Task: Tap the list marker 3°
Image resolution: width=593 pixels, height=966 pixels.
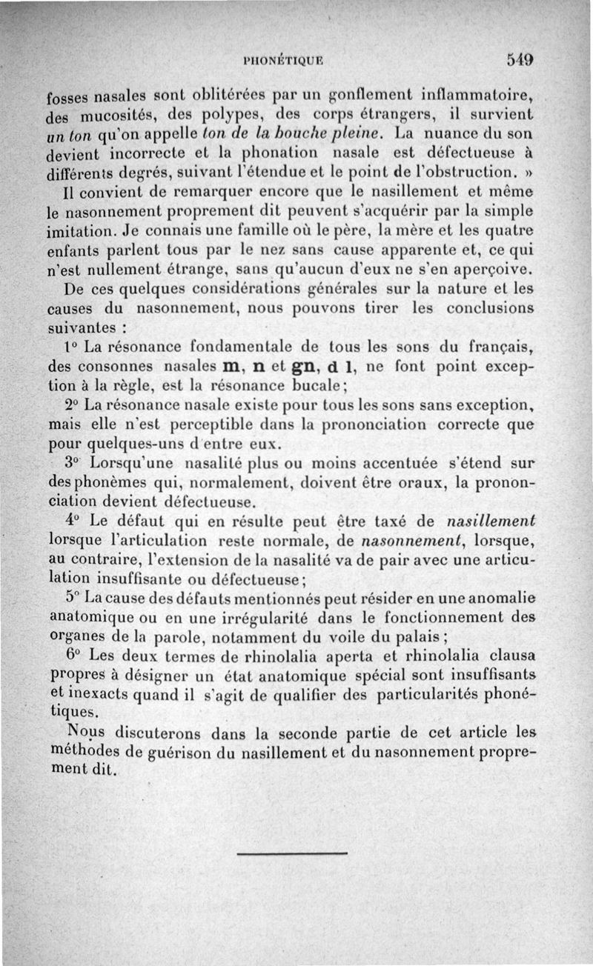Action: pyautogui.click(x=72, y=464)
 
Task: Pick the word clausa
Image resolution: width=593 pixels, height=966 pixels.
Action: pyautogui.click(x=512, y=656)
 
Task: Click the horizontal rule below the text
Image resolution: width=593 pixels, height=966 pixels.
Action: pyautogui.click(x=292, y=854)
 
